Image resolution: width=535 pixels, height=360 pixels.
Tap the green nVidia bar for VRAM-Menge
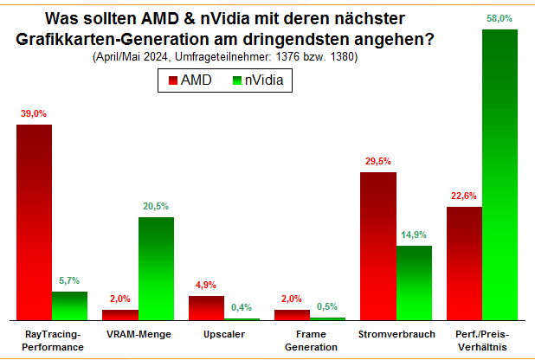pos(156,268)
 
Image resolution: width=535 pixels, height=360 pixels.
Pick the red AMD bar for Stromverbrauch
pos(378,246)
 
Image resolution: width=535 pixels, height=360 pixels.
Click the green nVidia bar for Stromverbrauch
pos(414,283)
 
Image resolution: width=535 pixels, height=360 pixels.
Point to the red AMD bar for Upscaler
pos(206,308)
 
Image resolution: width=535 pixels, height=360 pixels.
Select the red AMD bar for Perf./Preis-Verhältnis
pos(464,263)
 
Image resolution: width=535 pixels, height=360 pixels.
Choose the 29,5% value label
pos(378,162)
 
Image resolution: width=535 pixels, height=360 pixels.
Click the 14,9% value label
pos(414,235)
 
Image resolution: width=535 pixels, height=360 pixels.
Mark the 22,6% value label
pos(464,196)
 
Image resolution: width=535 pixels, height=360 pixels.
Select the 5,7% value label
pos(69,281)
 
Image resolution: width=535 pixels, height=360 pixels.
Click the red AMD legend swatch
pos(171,80)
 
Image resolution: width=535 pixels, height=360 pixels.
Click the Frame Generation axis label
pos(293,340)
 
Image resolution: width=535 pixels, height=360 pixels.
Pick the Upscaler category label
pos(224,334)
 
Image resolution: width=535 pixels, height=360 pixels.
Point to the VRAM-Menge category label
pos(139,334)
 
